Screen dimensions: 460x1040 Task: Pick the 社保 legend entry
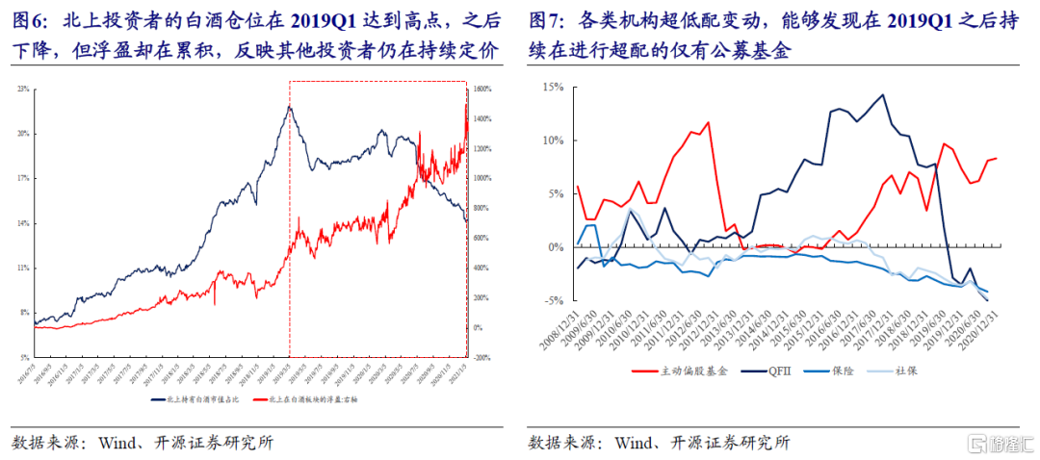coord(920,370)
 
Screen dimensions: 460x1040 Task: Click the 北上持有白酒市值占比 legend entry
coord(197,396)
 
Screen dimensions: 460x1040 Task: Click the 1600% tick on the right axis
coord(484,89)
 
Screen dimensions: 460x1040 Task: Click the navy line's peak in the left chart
coord(289,106)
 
